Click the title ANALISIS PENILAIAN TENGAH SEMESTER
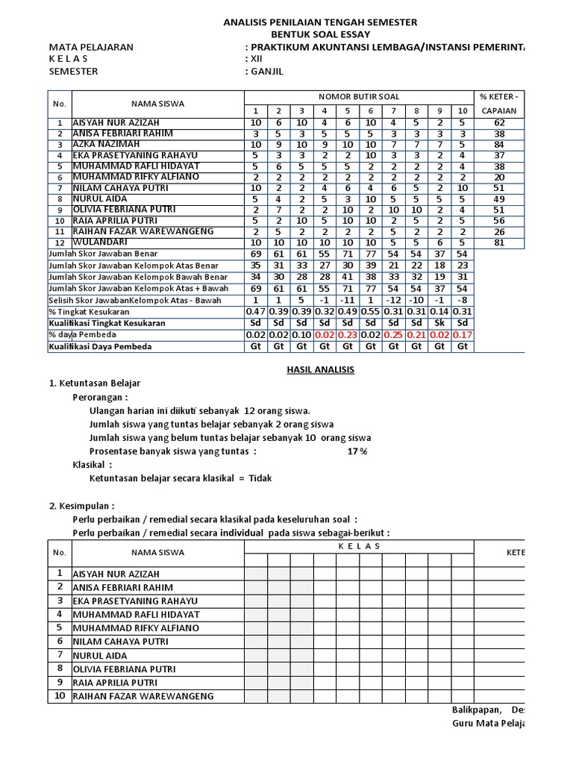tap(321, 23)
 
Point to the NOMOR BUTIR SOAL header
tap(359, 97)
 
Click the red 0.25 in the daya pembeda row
tap(393, 335)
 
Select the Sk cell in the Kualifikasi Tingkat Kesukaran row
tap(439, 323)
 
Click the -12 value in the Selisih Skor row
tap(393, 300)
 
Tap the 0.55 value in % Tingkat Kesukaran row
tap(370, 311)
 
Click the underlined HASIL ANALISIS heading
tap(321, 369)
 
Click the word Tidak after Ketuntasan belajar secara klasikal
tap(260, 478)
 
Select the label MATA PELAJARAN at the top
tap(91, 47)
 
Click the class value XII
tap(254, 60)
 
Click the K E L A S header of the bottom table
tap(359, 546)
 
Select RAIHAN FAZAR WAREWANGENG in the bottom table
tap(143, 696)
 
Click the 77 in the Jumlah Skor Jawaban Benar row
tap(370, 254)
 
